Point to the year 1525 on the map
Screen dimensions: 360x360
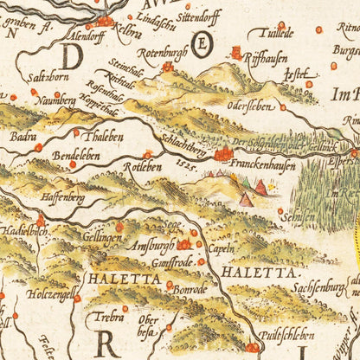177,163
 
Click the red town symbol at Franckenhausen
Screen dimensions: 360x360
224,155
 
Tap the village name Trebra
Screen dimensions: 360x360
108,317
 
